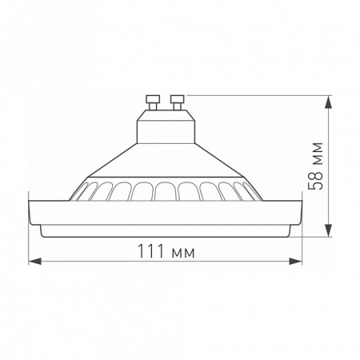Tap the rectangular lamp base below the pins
tap(164, 126)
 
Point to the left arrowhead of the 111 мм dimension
tap(31, 261)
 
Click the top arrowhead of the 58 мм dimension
tap(330, 100)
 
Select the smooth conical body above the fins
tap(164, 164)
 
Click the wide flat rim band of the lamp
tap(164, 212)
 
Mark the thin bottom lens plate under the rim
tap(164, 231)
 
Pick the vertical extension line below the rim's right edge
tap(302, 244)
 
